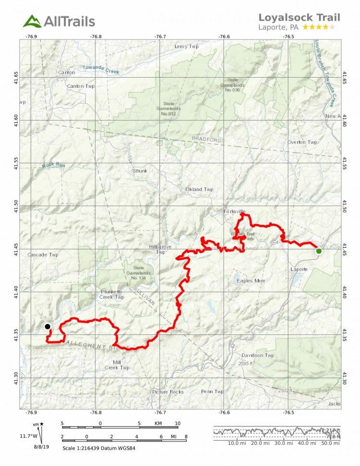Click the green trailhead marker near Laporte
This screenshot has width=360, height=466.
coord(319,251)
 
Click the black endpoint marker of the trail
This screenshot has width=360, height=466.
coord(48,326)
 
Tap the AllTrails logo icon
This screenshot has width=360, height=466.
coord(32,21)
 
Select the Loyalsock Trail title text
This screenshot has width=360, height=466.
coord(299,17)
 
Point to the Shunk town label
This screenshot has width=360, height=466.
coord(140,171)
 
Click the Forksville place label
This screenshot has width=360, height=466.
coord(234,211)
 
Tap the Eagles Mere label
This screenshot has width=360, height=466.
coord(251,281)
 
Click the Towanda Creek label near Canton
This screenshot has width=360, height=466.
coord(100,70)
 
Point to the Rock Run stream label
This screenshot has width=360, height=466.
coord(53,166)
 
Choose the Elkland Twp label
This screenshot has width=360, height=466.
coord(199,190)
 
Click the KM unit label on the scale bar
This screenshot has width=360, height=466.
coord(158,424)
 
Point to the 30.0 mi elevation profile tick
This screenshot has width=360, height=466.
coord(279,443)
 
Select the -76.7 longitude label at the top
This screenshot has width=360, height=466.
coord(160,36)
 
